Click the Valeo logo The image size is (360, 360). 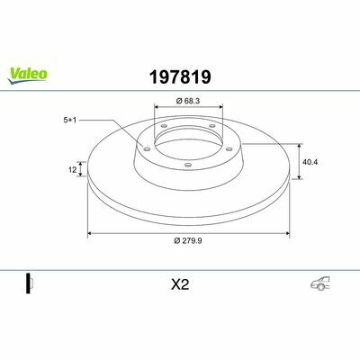pos(27,76)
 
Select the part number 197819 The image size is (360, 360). pos(180,77)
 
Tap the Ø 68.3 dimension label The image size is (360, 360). pos(188,101)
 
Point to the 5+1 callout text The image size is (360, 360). pos(70,120)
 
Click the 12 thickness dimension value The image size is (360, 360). pos(72,170)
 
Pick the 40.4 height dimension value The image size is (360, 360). pos(310,162)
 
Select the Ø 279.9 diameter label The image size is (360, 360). pos(188,240)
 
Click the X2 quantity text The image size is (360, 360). pos(180,284)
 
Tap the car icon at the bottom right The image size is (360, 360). pos(320,283)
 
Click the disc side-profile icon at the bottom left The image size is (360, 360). pos(30,283)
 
